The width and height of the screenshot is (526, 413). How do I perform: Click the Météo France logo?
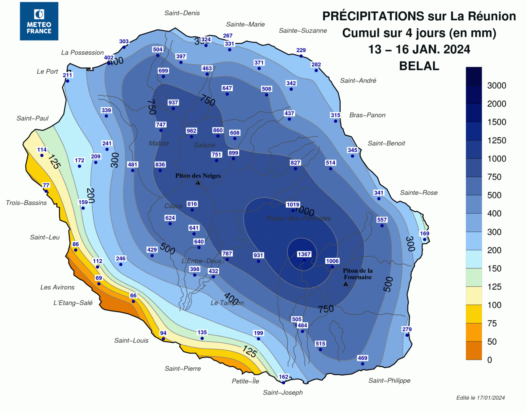39,21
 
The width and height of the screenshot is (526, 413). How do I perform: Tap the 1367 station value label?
304,254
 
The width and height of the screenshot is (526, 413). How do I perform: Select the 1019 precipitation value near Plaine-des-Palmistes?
293,204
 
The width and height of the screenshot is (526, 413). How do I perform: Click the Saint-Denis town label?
182,13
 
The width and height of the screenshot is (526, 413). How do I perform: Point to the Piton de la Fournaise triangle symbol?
346,284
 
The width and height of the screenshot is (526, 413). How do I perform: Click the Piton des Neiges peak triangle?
198,183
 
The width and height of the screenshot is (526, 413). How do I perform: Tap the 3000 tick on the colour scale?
496,85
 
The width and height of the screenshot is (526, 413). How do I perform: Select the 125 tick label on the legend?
494,287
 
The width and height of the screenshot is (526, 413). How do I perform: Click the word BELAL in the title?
419,66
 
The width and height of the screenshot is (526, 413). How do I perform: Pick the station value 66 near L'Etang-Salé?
133,296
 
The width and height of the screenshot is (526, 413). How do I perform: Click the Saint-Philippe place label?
389,380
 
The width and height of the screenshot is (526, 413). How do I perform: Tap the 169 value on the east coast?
424,233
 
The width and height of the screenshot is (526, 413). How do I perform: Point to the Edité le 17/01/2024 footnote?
480,398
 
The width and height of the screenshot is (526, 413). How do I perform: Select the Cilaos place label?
173,206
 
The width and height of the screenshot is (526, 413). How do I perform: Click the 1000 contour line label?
305,211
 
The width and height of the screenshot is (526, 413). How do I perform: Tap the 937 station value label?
173,102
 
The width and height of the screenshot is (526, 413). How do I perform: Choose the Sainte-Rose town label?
419,193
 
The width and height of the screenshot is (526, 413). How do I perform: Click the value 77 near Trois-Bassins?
46,185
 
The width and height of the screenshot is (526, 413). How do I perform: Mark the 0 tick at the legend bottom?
490,360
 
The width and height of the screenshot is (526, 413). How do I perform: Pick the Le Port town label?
47,72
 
